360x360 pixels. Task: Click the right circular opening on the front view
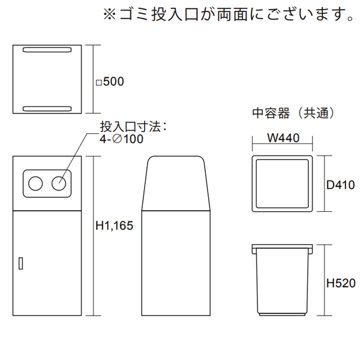(59, 183)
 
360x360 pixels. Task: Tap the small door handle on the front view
(20, 262)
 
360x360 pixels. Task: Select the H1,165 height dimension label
(113, 226)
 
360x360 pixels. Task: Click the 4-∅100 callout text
(121, 139)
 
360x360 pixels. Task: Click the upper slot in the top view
(47, 49)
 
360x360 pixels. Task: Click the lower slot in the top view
(47, 109)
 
